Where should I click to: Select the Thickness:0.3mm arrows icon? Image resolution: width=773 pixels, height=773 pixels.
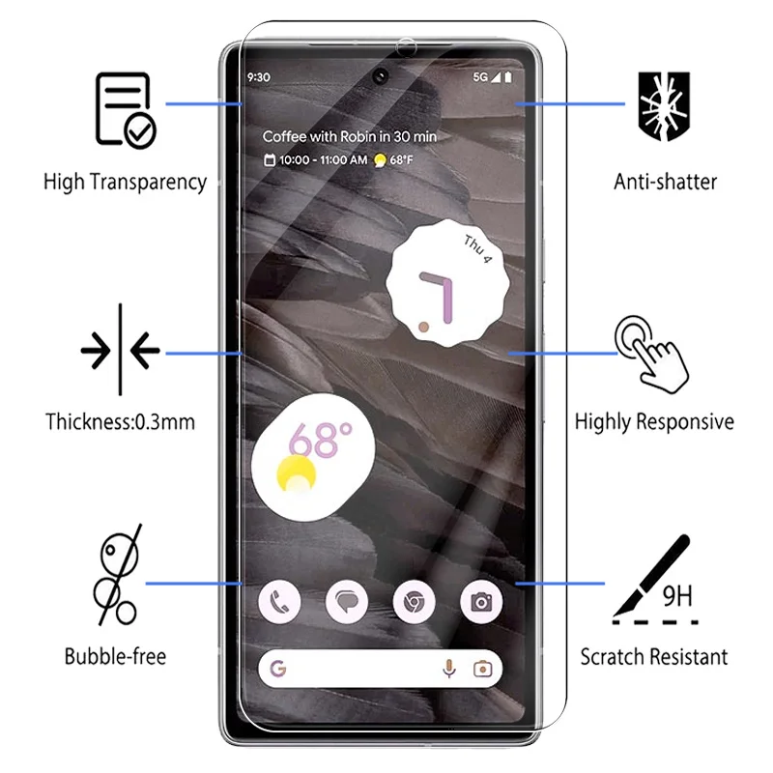pos(121,351)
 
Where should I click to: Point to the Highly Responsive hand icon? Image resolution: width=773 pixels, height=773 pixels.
pos(651,354)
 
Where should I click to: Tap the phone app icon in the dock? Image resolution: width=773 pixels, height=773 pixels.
pos(279,602)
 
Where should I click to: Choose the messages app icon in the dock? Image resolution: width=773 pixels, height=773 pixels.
pos(347,602)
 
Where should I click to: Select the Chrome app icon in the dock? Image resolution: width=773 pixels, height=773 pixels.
pos(414,602)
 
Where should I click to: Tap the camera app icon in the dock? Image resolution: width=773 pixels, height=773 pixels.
pos(481,602)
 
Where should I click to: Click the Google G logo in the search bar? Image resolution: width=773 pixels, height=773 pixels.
pos(279,669)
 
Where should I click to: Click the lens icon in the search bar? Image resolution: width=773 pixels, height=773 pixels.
pos(482,669)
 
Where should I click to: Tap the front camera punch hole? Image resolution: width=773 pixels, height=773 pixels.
pos(380,76)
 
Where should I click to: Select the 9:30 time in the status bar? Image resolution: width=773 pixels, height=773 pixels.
pos(259,77)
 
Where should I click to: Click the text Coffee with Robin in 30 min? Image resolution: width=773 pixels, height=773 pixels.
pos(350,136)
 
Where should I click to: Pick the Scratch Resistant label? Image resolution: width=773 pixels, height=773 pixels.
pos(654,657)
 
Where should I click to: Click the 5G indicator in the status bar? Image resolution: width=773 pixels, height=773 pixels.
pos(480,77)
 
